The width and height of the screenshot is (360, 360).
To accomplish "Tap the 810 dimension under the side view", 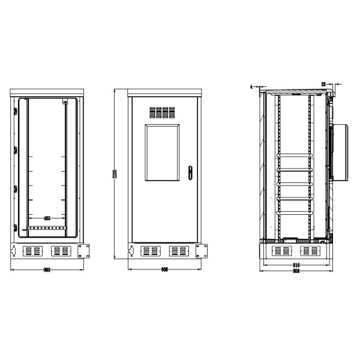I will coord(295,265).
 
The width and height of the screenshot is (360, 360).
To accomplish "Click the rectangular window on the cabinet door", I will coord(162,152).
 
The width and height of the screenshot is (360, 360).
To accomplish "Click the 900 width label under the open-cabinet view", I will coord(46,271).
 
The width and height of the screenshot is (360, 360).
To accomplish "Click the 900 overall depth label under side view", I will coord(295,271).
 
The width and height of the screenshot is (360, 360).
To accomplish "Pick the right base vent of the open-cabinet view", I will coord(60,250).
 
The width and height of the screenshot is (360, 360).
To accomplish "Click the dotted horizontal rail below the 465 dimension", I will coord(46,228).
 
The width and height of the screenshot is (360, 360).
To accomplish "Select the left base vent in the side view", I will coord(281,250).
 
